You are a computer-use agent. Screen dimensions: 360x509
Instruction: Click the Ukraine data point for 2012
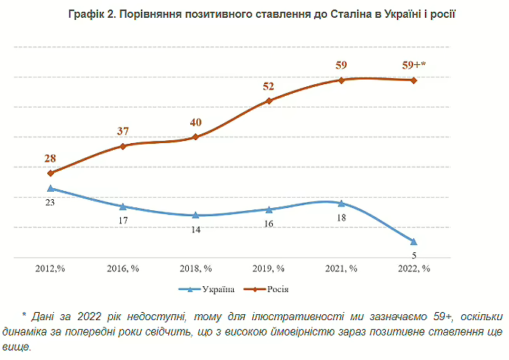[x=51, y=188]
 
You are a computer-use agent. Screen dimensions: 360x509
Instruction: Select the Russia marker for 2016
[x=123, y=146]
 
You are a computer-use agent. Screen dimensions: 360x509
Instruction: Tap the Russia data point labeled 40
[x=195, y=137]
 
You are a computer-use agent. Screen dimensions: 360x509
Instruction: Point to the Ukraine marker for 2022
[x=414, y=241]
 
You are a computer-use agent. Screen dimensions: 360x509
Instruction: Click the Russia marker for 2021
[x=342, y=80]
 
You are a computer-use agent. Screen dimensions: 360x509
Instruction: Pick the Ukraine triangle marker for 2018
[x=195, y=215]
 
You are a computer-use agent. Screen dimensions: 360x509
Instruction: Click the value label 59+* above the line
[x=414, y=64]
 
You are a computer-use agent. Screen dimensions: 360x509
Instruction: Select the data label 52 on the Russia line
[x=269, y=86]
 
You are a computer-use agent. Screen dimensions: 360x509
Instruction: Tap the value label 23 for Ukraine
[x=51, y=201]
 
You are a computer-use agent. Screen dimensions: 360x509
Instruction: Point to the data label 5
[x=414, y=255]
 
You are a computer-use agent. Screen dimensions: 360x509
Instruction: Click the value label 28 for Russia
[x=51, y=158]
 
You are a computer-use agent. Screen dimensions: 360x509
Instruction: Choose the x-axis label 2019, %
[x=269, y=269]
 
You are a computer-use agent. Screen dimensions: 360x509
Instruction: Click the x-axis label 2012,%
[x=51, y=269]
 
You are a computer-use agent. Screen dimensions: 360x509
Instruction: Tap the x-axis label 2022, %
[x=414, y=269]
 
